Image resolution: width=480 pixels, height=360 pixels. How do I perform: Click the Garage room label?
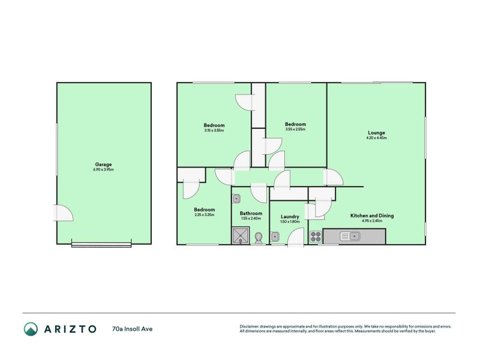coord(103,164)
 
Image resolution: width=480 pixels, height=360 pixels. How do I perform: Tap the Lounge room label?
coord(376,133)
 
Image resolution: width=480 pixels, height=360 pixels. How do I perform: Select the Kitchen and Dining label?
coord(372,215)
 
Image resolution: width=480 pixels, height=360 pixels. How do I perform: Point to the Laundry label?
coord(290,217)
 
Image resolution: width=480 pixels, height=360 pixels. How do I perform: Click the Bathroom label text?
coord(251,213)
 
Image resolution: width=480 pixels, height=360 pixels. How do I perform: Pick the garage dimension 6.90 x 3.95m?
coord(103,170)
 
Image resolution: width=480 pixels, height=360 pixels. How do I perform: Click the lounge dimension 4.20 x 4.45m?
coord(376,138)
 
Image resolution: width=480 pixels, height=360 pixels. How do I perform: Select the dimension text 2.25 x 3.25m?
coord(204,215)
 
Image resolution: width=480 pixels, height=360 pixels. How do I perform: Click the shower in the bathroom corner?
coord(240,236)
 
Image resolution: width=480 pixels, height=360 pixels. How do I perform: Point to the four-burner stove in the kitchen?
coord(316,236)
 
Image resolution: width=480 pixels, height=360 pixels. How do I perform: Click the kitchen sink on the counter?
coord(350,236)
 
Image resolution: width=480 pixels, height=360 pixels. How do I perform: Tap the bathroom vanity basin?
coord(237,199)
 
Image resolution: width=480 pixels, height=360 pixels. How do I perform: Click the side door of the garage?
coord(63,213)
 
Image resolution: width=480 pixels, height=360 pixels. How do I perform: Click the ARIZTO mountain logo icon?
coord(31,329)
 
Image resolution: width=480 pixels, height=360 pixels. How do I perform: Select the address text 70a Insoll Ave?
coord(132,329)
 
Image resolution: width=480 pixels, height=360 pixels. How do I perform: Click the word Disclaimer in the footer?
coord(253,326)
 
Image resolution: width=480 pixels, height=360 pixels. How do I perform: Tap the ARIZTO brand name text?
coord(70,329)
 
